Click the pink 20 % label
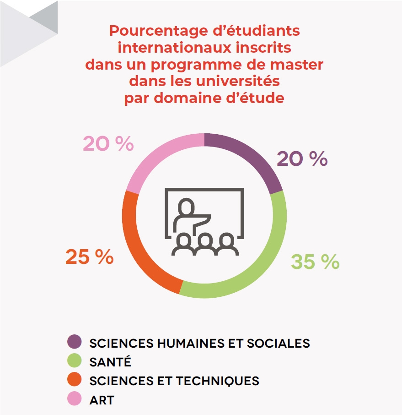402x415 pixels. [108, 144]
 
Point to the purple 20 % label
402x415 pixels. [302, 159]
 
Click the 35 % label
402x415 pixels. [315, 262]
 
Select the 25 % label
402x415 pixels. [90, 257]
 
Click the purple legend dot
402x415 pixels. [74, 342]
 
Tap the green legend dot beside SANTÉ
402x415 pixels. [74, 360]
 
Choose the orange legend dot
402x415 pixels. [74, 379]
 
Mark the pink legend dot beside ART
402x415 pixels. [74, 399]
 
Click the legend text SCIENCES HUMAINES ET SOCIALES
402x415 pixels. [199, 343]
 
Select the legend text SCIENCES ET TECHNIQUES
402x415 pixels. [174, 381]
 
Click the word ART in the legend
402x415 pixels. [102, 400]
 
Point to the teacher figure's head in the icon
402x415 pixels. [186, 207]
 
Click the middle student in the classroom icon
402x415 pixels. [205, 245]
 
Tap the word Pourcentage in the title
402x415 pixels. [159, 31]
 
